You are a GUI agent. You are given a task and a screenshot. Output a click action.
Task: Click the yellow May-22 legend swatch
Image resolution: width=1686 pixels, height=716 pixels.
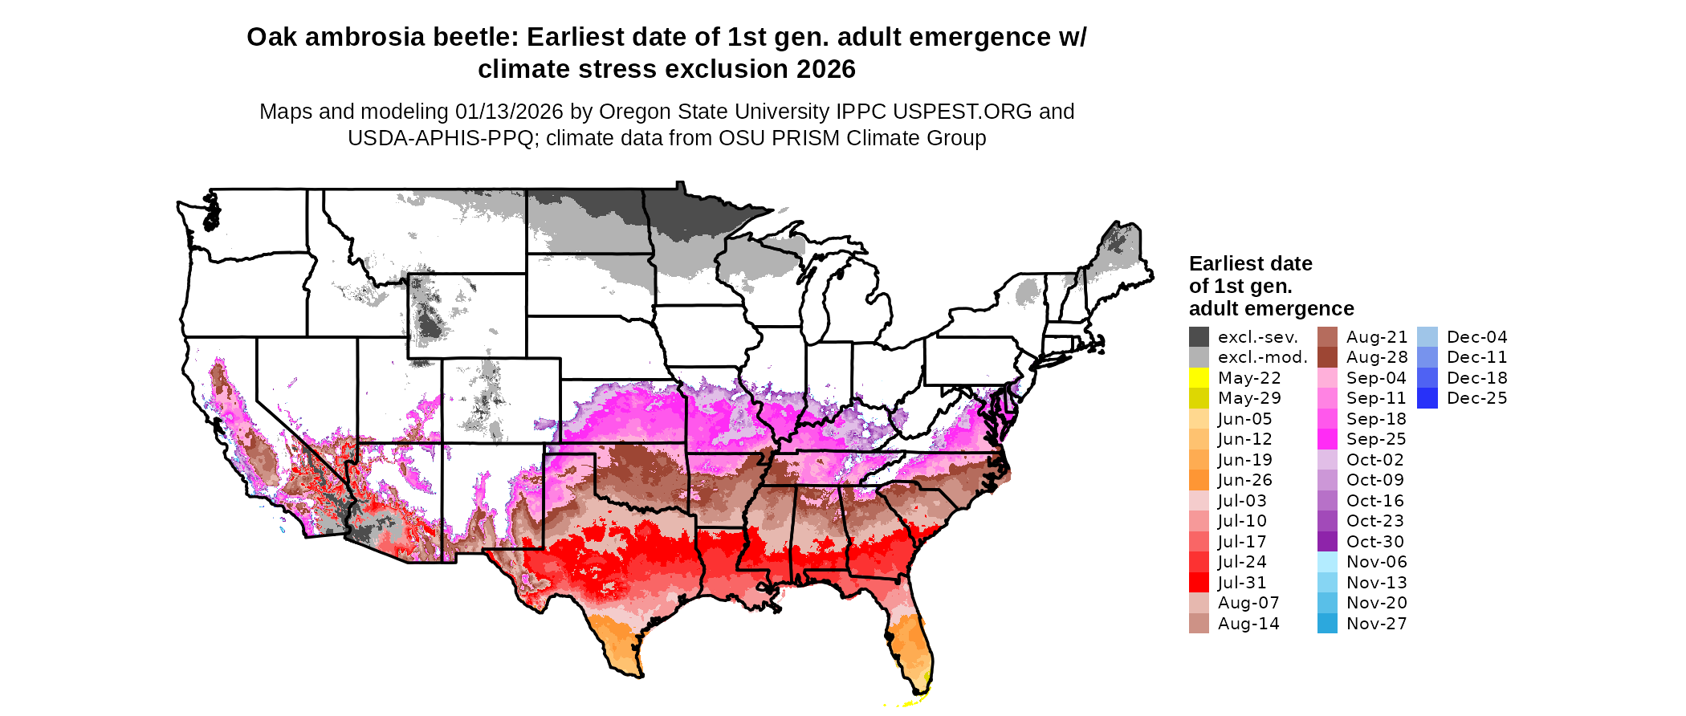(x=1199, y=378)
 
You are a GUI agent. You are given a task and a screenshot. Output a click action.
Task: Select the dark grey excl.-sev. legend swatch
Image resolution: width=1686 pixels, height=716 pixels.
(x=1199, y=337)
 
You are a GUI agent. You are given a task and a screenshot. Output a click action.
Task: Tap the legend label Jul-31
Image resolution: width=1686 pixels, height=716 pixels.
(x=1242, y=583)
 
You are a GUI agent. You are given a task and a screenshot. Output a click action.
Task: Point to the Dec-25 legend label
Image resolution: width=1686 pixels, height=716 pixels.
(x=1476, y=398)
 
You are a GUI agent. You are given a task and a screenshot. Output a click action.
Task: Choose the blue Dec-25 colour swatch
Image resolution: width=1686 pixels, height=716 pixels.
(x=1427, y=398)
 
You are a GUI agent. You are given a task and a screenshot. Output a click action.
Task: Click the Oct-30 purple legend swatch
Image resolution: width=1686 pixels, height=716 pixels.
(x=1327, y=542)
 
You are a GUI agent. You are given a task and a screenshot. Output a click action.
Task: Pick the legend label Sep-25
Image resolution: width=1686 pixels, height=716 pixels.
(x=1376, y=439)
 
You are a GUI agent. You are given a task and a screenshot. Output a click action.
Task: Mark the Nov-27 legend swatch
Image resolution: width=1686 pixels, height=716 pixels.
(x=1327, y=624)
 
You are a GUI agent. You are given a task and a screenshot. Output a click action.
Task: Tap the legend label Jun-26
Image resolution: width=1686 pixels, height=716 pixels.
(x=1244, y=480)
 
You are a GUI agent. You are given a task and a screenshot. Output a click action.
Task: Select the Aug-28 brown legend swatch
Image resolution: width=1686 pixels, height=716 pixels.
(x=1327, y=357)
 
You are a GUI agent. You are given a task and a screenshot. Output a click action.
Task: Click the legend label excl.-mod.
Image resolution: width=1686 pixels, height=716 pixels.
(x=1263, y=357)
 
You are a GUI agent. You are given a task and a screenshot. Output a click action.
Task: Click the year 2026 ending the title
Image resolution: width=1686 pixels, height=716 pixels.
(x=826, y=70)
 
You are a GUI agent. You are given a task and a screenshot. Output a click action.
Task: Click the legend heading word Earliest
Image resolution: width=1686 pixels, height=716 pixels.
(x=1228, y=264)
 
